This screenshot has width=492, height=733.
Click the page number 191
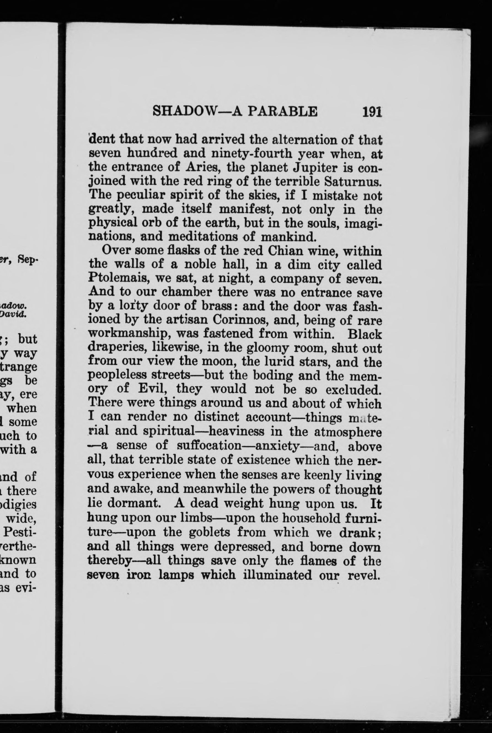(372, 112)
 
